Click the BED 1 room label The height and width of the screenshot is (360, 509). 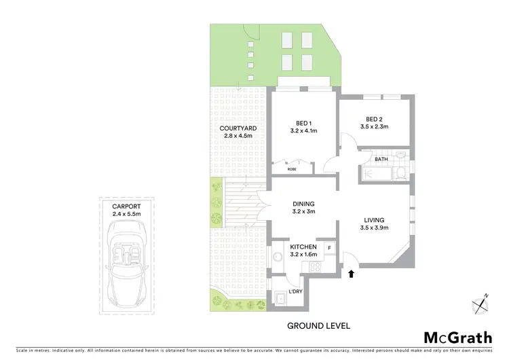[303, 123]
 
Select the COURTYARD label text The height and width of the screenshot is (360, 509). [238, 128]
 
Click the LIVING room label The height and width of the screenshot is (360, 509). [374, 220]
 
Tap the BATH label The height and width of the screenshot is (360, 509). [381, 160]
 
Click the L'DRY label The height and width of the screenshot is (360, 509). [295, 291]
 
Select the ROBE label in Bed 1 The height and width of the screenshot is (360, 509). [292, 169]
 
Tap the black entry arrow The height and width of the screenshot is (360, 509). [352, 274]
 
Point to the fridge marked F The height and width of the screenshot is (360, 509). [329, 248]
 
